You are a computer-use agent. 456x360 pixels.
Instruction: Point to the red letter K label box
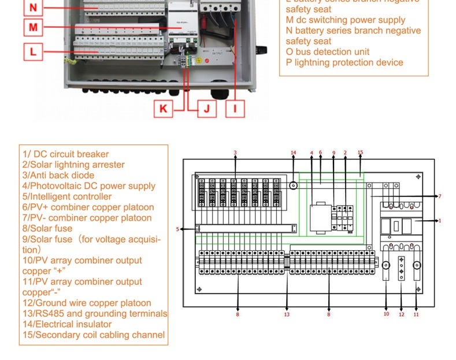coord(164,108)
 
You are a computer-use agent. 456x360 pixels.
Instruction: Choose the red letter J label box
coord(206,108)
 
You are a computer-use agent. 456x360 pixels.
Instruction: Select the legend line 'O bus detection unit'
coord(327,52)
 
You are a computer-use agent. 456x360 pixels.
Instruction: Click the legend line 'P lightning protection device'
coord(344,62)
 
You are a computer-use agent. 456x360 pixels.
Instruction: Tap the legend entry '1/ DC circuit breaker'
coord(65,154)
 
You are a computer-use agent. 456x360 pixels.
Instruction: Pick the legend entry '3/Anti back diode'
coord(58,175)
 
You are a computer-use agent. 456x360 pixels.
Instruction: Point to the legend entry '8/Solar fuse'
coord(47,228)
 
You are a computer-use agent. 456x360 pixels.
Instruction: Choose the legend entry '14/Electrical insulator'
coord(67,324)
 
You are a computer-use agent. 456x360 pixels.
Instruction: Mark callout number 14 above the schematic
coord(293,153)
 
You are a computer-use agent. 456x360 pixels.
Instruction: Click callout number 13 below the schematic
coord(287,314)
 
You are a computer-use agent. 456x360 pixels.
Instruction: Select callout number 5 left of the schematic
coord(178,229)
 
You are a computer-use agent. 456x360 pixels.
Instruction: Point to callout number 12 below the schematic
coord(401,314)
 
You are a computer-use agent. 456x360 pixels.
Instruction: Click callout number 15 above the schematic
coord(360,153)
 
